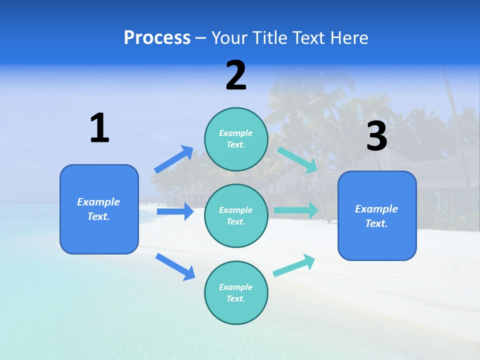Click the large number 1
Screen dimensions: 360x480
pos(99,128)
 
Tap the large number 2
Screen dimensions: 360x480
pos(236,75)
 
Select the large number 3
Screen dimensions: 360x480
pos(376,136)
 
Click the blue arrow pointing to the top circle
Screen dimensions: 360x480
pos(174,159)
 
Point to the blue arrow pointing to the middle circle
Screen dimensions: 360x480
pos(175,211)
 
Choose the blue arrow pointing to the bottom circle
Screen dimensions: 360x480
pos(175,266)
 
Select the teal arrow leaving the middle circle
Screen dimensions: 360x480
pos(296,210)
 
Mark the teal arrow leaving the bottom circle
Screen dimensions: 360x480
pos(294,265)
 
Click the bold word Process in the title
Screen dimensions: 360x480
pos(157,37)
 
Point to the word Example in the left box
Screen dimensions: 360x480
pos(98,202)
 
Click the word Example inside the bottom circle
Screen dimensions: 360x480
pos(236,287)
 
